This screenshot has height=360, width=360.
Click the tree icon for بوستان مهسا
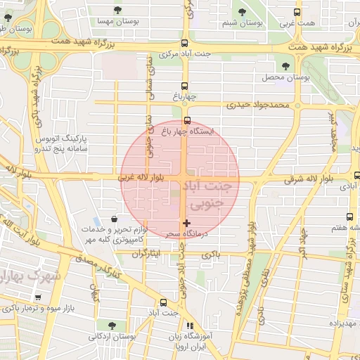[116, 11]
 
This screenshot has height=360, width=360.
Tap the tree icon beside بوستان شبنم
[243, 12]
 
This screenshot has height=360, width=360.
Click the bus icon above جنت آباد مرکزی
[184, 43]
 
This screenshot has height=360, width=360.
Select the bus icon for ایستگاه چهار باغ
[186, 120]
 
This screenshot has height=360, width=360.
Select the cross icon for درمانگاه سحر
[186, 223]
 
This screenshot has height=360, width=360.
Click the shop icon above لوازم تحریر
[115, 219]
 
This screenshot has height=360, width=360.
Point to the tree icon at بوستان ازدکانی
[112, 324]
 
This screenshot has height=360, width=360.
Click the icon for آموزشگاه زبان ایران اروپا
[189, 326]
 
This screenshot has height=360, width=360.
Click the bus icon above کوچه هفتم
[349, 217]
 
